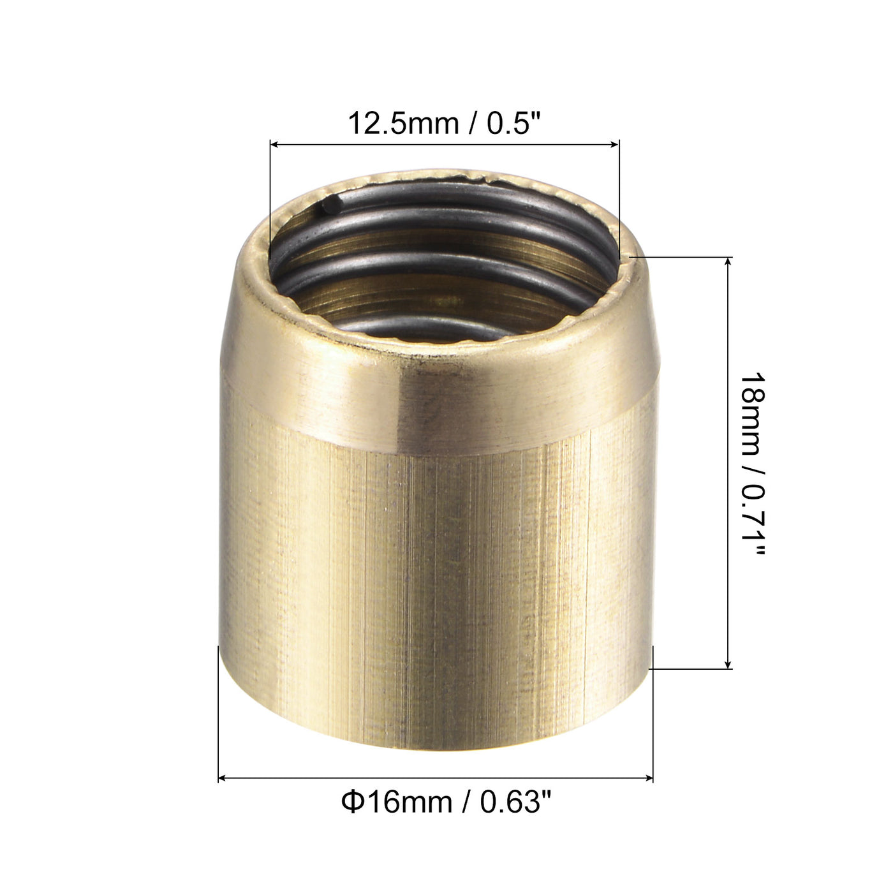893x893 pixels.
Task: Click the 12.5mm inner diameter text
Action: pos(402,123)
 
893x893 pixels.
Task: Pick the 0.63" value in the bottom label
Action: pos(515,802)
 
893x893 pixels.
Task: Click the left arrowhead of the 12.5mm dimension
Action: pos(275,145)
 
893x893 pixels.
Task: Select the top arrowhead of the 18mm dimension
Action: pos(730,262)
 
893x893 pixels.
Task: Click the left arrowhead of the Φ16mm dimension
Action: pos(223,778)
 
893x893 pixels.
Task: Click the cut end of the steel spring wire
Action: pos(329,205)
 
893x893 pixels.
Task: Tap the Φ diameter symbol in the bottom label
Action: pos(353,802)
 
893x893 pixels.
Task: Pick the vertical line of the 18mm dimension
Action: pos(730,462)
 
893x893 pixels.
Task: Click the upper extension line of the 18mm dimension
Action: pos(683,257)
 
